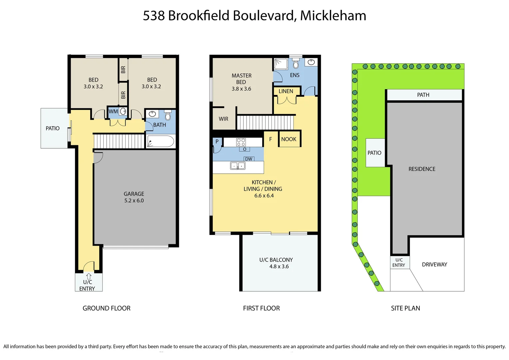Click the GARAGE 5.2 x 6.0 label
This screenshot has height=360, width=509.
[134, 197]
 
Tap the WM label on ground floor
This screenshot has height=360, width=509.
[113, 111]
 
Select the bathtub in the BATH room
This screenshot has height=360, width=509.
[161, 141]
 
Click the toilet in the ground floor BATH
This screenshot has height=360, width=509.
[168, 115]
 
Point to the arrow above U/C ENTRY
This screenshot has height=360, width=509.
[89, 276]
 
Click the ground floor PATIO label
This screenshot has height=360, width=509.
[53, 128]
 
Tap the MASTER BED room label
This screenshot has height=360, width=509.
[242, 82]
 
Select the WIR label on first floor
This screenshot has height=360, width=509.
[224, 119]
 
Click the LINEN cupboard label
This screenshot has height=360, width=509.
[286, 91]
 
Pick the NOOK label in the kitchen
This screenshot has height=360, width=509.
[288, 139]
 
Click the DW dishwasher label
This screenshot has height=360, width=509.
[249, 159]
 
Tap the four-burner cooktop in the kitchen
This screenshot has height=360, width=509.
[241, 142]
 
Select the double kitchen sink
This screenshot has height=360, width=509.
[238, 166]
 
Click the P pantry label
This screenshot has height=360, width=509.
[217, 141]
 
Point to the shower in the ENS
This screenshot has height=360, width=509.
[281, 64]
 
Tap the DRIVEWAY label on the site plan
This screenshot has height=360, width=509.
[434, 264]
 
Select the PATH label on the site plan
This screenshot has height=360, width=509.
[423, 95]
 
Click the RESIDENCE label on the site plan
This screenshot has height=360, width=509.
[422, 169]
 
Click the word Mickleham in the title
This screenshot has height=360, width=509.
[333, 16]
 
